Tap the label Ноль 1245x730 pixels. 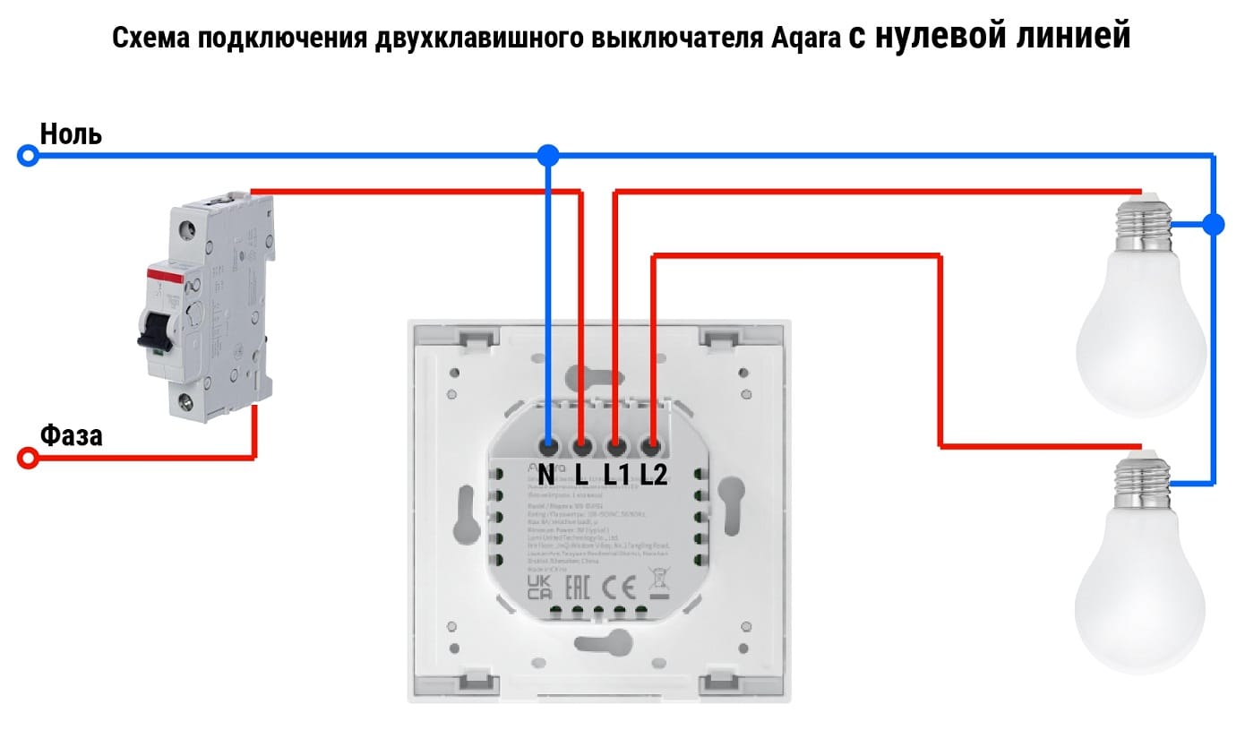tap(72, 134)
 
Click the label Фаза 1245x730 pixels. tap(72, 436)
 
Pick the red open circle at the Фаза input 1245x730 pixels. tap(29, 459)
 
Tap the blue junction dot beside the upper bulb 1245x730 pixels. tap(1214, 224)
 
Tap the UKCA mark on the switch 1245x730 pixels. tap(539, 588)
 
